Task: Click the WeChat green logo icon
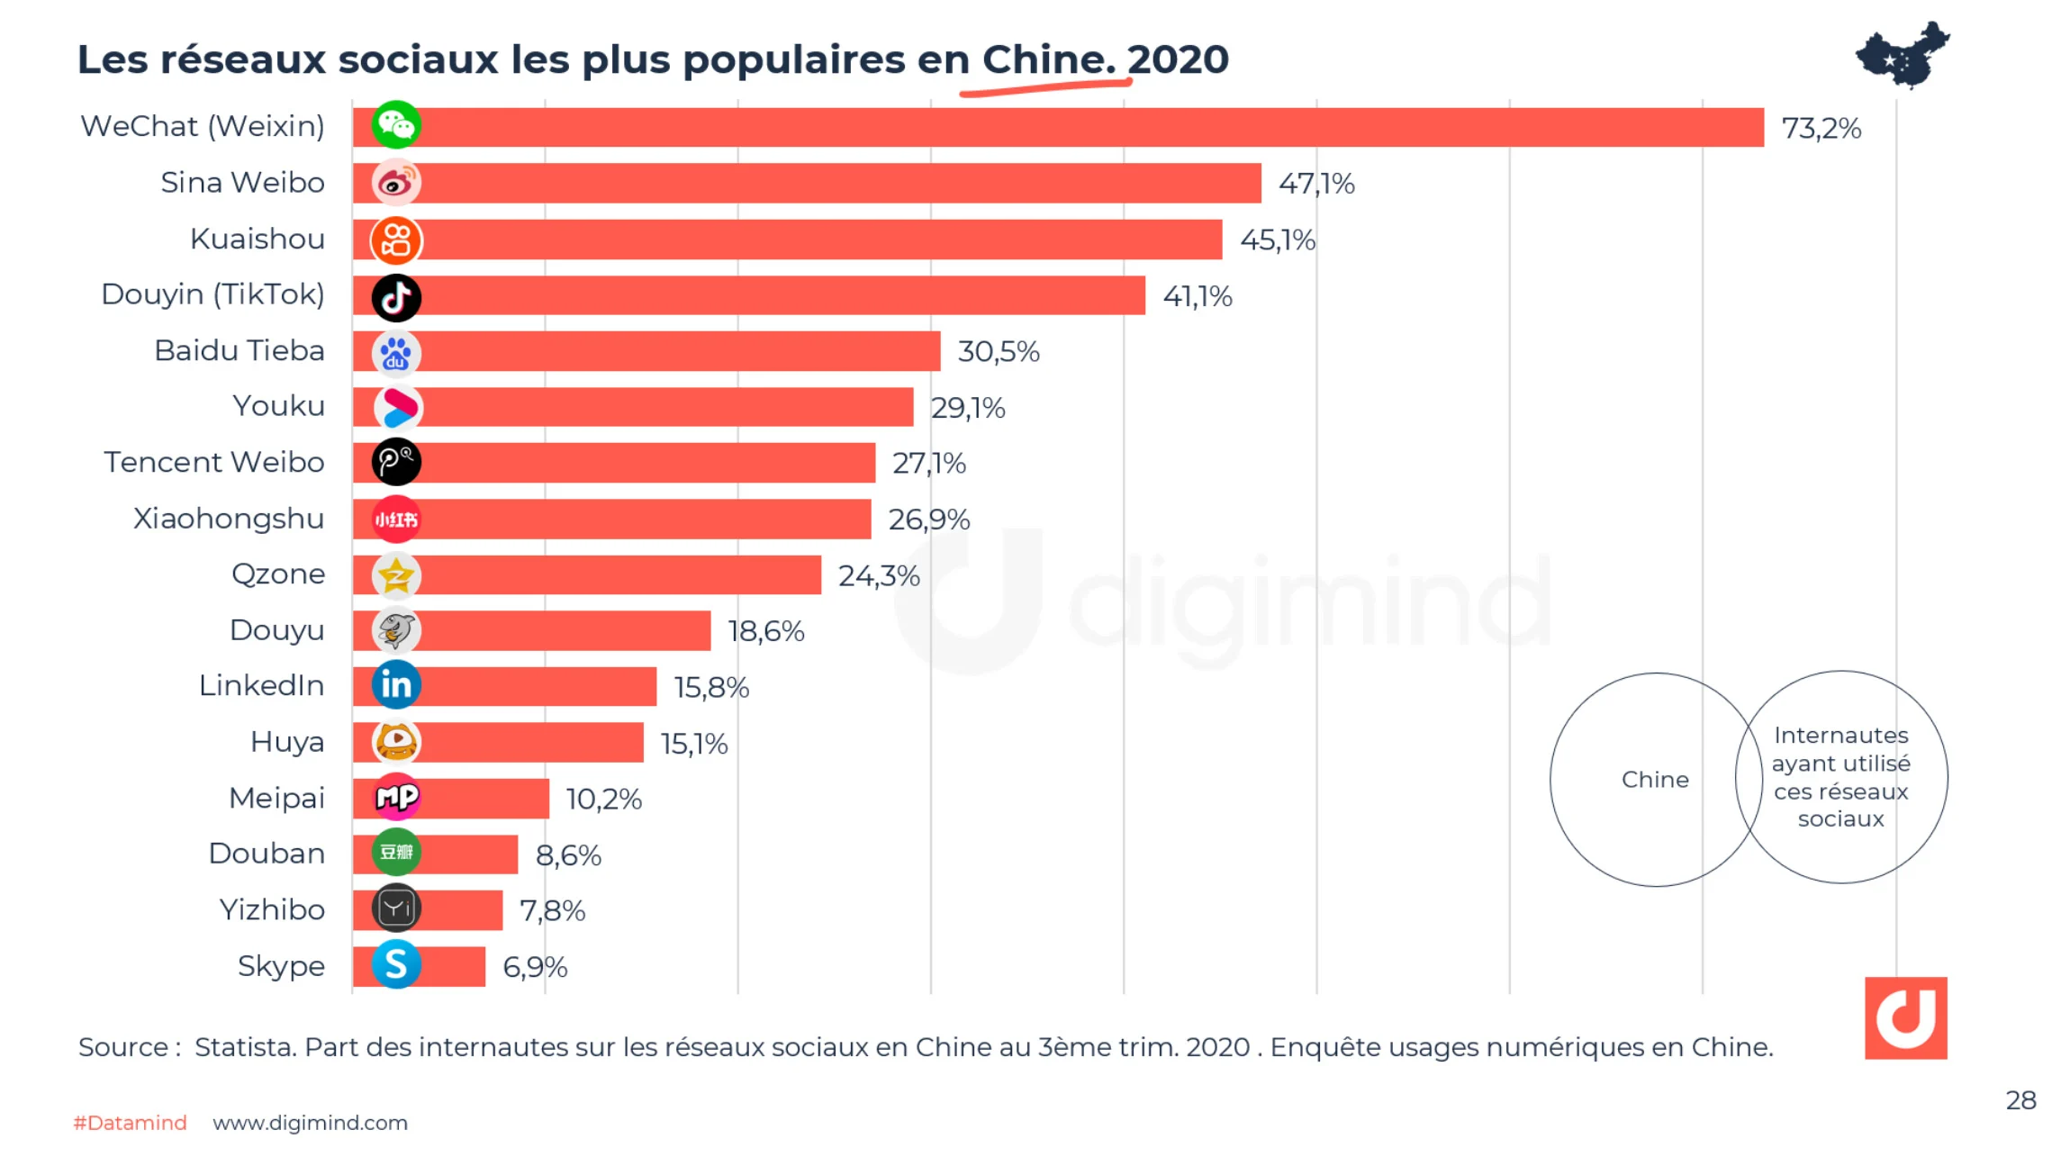pyautogui.click(x=396, y=125)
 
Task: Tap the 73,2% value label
pyautogui.click(x=1821, y=129)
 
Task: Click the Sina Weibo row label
pyautogui.click(x=242, y=183)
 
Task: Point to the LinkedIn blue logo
pyautogui.click(x=396, y=685)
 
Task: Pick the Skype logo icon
pyautogui.click(x=396, y=965)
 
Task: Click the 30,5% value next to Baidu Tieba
pyautogui.click(x=998, y=352)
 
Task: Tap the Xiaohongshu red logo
pyautogui.click(x=396, y=520)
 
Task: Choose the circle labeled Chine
pyautogui.click(x=1654, y=780)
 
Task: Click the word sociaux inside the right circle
pyautogui.click(x=1839, y=819)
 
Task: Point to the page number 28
pyautogui.click(x=2020, y=1100)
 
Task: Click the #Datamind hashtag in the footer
pyautogui.click(x=131, y=1123)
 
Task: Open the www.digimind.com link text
pyautogui.click(x=310, y=1123)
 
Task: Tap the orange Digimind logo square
pyautogui.click(x=1905, y=1017)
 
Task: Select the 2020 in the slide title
pyautogui.click(x=1178, y=60)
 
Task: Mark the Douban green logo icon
pyautogui.click(x=396, y=853)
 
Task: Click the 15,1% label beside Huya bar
pyautogui.click(x=693, y=745)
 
